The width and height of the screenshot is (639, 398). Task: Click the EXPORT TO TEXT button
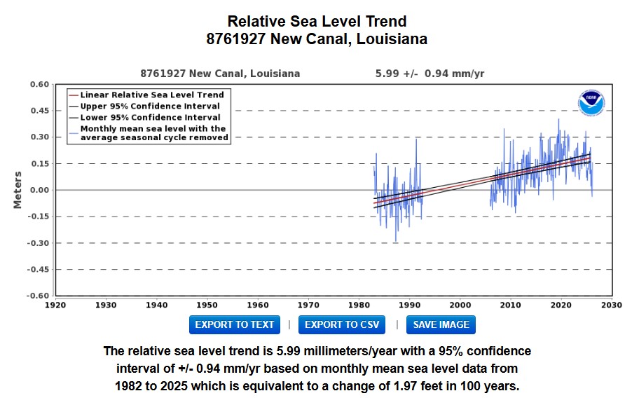coord(234,324)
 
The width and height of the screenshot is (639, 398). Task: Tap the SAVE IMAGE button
coord(441,324)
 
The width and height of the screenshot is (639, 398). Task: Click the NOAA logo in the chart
coord(591,103)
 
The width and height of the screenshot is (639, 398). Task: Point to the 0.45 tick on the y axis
coord(39,111)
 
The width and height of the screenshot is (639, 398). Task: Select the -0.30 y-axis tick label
coord(38,243)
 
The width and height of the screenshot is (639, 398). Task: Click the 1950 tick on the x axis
coord(207,305)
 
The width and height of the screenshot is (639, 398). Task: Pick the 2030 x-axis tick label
coord(612,305)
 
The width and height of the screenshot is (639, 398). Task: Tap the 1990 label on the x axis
coord(410,305)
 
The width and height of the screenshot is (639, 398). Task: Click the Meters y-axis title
coord(18,190)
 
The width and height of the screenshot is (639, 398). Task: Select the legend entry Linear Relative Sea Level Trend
coord(146,95)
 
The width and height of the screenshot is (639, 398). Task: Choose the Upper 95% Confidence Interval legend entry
coord(144,107)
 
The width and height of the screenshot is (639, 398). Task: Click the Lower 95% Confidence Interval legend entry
coord(144,118)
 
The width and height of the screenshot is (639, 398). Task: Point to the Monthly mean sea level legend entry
coord(149,133)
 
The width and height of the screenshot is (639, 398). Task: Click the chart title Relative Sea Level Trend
coord(317,21)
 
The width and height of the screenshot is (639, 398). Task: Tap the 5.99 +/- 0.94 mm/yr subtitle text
coord(430,74)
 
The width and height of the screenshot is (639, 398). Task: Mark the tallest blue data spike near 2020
coord(558,120)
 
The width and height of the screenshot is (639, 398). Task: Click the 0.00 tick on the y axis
coord(39,191)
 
